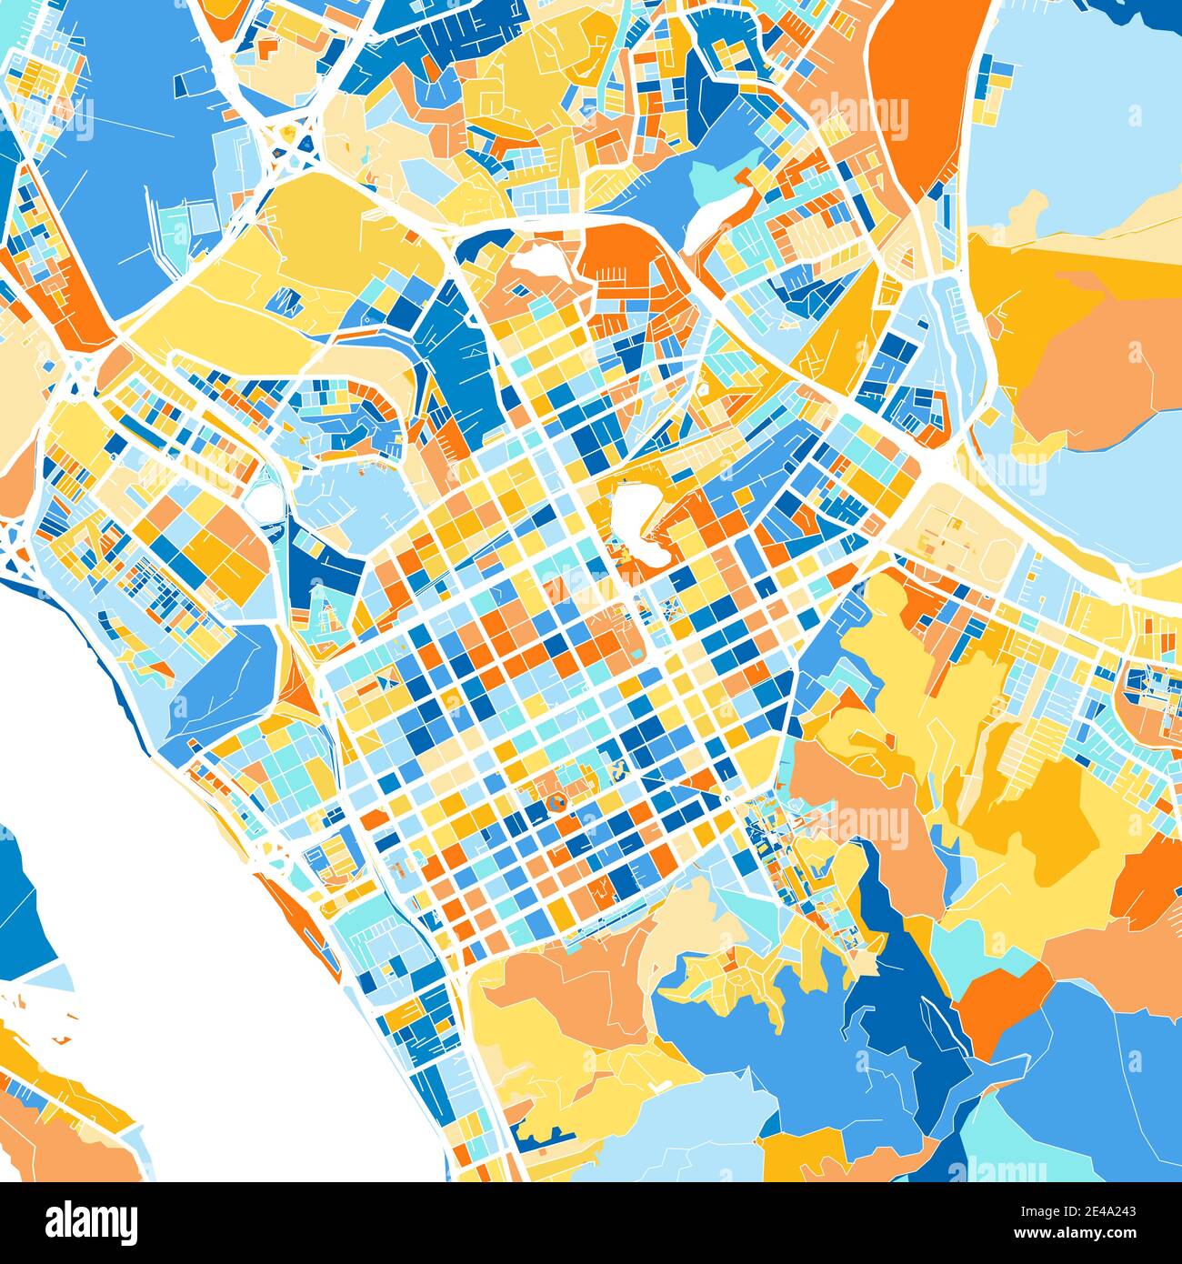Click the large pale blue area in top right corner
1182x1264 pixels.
tap(1082, 109)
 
